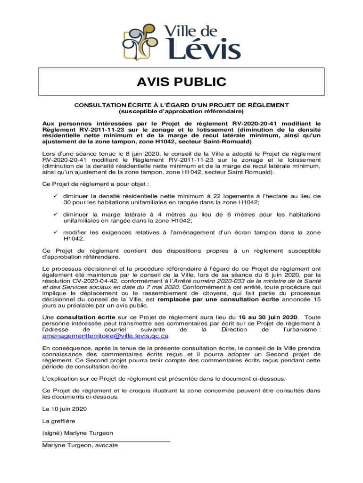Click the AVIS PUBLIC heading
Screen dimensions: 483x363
tap(181, 82)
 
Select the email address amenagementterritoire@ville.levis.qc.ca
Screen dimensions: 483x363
tap(106, 336)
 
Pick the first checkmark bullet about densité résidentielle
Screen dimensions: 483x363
tap(56, 196)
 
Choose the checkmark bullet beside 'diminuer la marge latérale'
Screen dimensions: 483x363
tap(56, 214)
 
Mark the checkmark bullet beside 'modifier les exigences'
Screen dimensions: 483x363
tap(56, 232)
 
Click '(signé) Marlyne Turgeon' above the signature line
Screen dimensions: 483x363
tap(78, 433)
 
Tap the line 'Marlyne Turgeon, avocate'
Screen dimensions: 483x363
tap(80, 445)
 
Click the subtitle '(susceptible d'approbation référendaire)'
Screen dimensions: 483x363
tap(181, 112)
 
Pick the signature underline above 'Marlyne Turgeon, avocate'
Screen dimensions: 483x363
tap(106, 440)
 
